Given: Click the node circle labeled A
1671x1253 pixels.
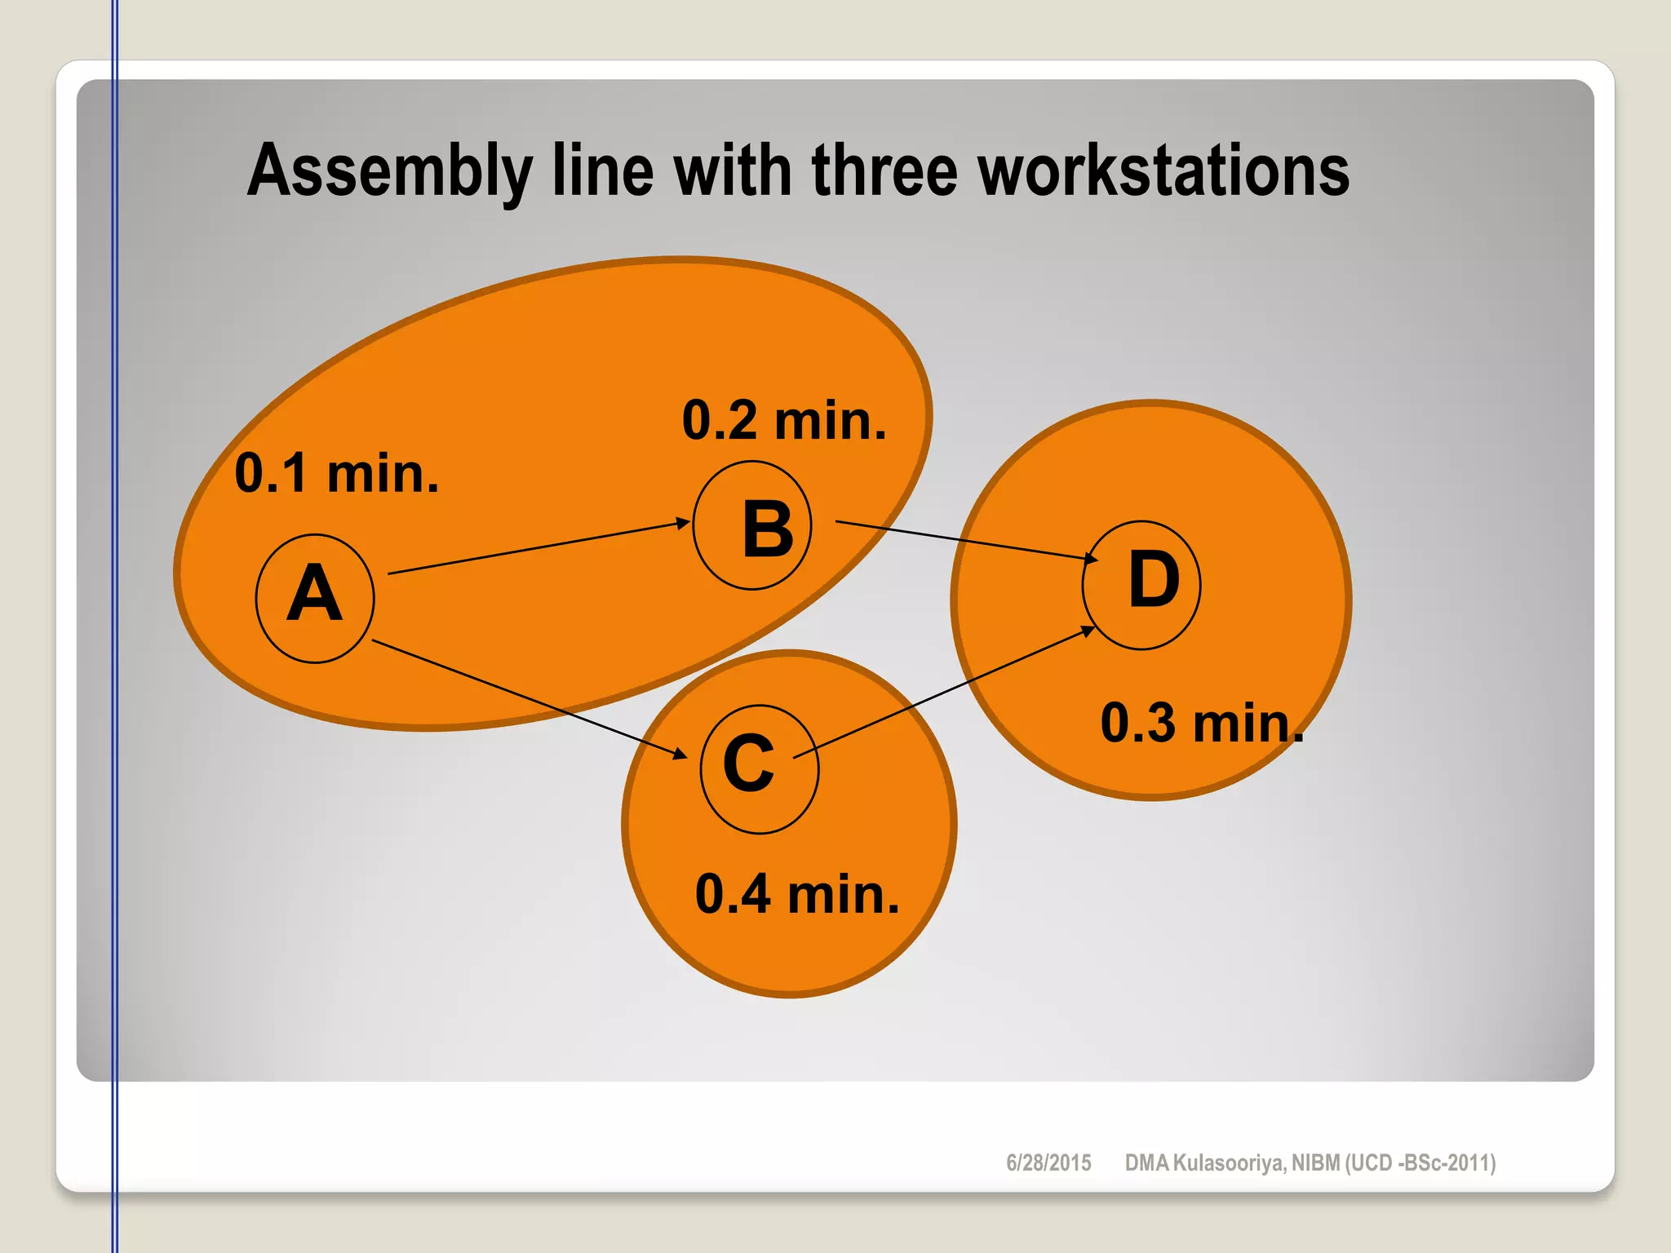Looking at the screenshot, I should (315, 598).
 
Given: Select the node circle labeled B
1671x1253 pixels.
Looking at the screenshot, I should (751, 525).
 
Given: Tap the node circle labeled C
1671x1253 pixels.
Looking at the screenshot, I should (759, 768).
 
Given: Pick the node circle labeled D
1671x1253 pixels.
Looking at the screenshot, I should (1141, 585).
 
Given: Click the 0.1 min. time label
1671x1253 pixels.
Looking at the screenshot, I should (336, 473).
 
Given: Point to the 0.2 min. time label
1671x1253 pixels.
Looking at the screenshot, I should (783, 421).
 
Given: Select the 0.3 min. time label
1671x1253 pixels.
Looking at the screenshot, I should (1202, 723).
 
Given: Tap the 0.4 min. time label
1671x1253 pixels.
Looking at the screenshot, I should (797, 894).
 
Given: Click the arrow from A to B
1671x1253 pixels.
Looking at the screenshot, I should (539, 547).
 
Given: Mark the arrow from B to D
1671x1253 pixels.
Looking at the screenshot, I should (967, 540).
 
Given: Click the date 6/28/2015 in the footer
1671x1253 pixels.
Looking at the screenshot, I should (1048, 1162).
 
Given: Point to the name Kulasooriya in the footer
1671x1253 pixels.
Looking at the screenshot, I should (1229, 1162).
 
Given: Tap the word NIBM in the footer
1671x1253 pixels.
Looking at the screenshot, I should (1315, 1162).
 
